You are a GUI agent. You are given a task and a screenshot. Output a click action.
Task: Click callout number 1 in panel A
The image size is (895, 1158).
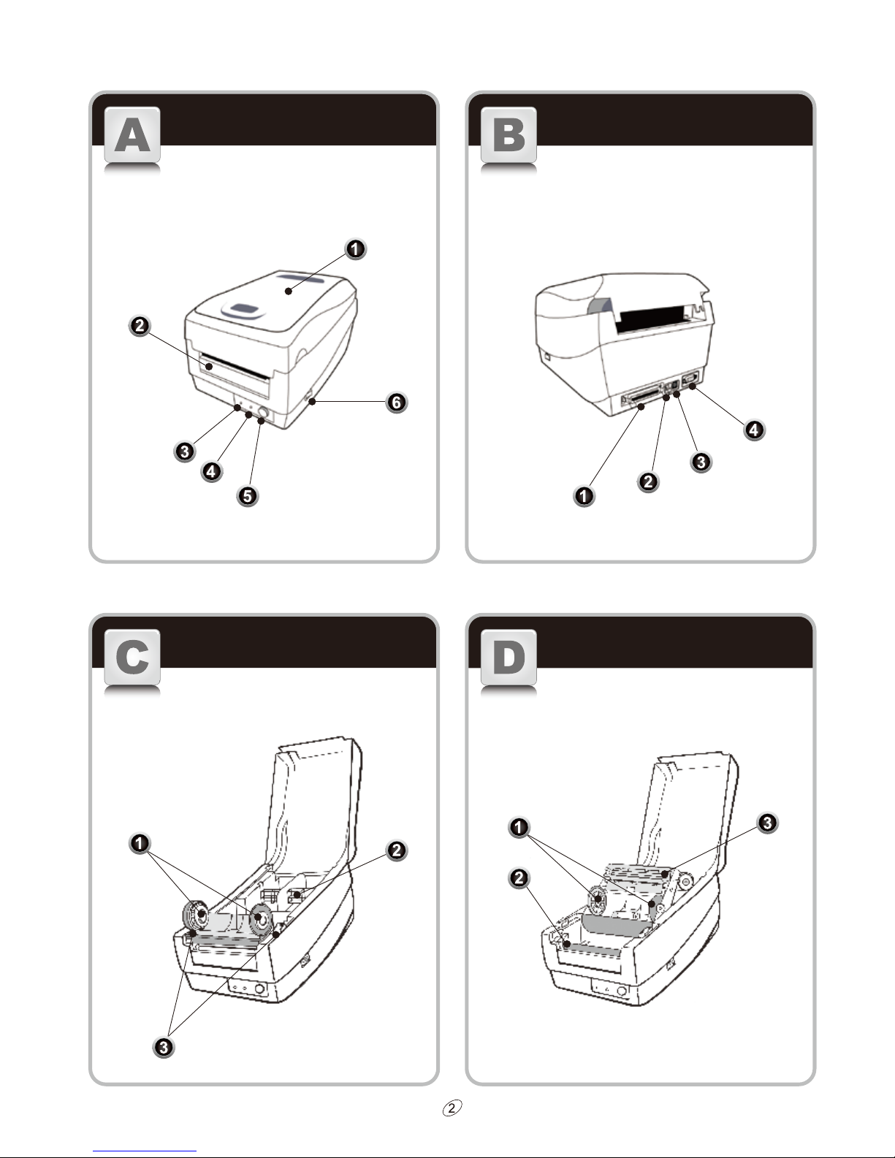point(355,249)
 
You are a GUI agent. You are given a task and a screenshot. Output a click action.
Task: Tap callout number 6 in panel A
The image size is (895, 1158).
point(396,402)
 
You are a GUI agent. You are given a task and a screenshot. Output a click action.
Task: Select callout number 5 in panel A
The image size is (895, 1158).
point(248,496)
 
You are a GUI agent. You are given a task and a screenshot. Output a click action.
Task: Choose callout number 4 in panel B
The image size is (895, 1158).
point(754,430)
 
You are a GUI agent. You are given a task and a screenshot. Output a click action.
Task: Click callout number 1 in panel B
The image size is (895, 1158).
point(584,496)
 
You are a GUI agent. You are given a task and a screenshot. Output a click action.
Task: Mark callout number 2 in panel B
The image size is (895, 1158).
point(647,481)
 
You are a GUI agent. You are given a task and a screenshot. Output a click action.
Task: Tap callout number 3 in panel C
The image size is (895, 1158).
point(164,1047)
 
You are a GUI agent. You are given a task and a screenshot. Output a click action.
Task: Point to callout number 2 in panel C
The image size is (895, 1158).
point(396,850)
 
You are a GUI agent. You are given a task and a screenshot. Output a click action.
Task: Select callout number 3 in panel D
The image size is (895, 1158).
point(766,823)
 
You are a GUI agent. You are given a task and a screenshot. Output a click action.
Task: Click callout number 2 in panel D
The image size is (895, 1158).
point(519,878)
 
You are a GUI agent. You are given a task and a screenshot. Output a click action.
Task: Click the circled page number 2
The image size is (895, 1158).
point(453,1108)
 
